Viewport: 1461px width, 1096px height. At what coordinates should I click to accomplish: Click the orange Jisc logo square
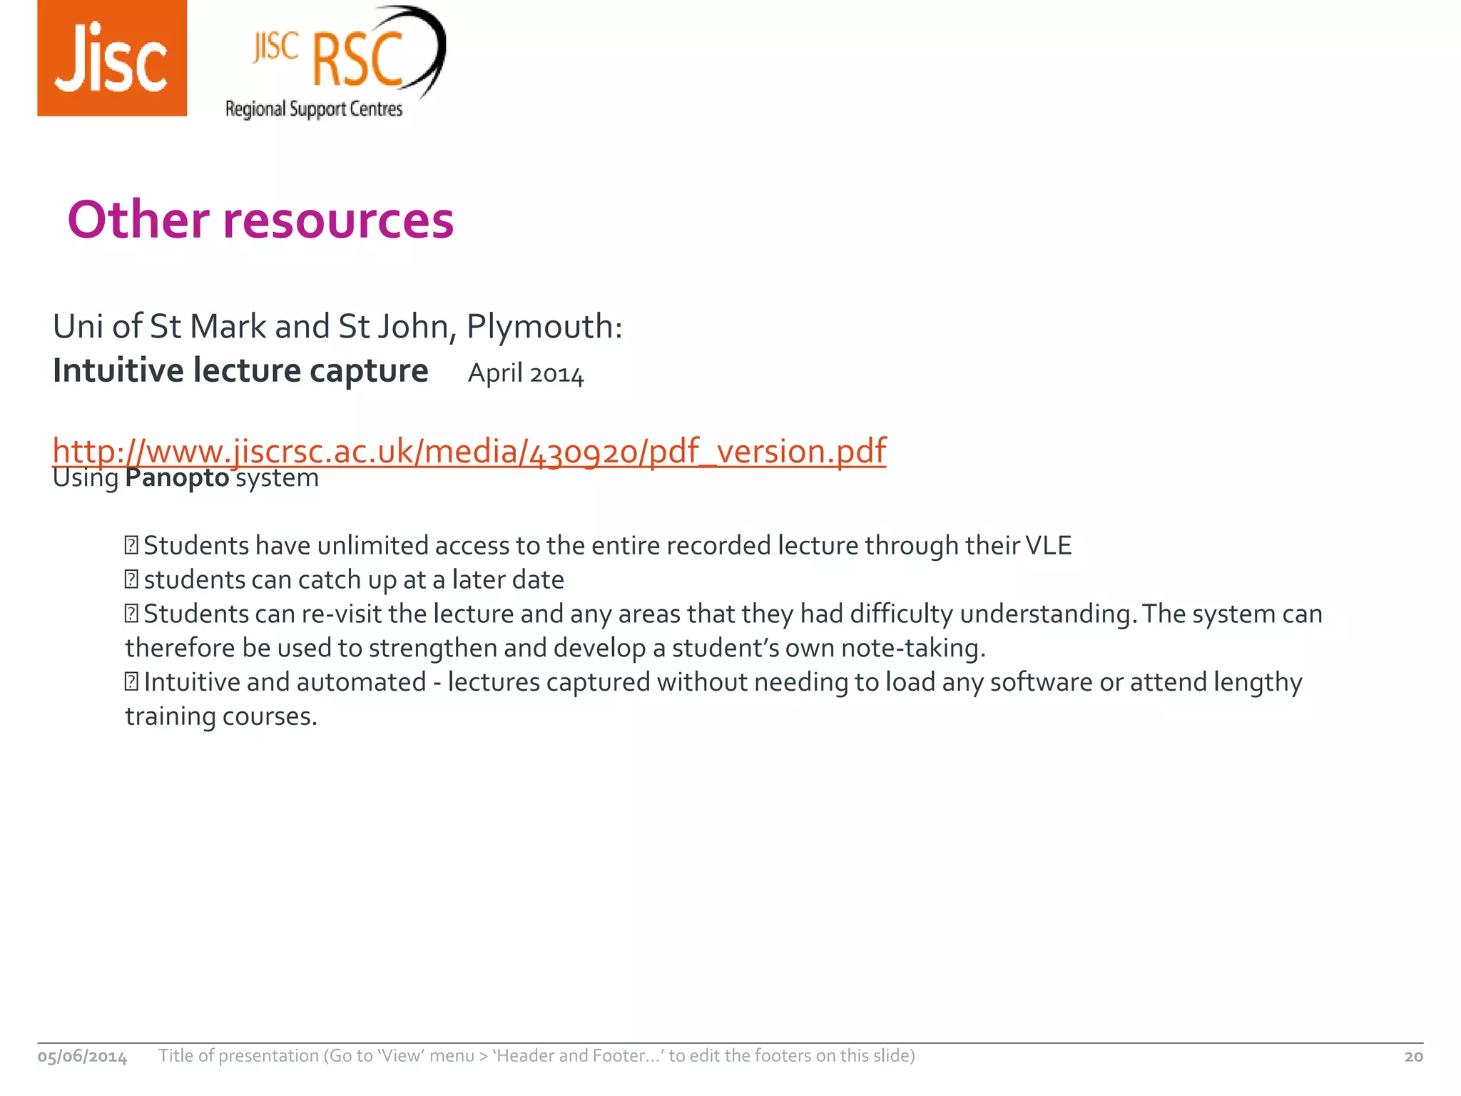tap(112, 59)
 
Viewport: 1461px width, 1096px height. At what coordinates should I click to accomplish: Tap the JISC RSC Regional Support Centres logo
tap(334, 63)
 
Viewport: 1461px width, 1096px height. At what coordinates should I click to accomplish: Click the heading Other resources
tap(260, 219)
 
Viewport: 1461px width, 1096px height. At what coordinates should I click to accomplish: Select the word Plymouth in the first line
tap(544, 327)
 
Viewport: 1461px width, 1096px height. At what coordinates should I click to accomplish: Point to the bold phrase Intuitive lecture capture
tap(240, 371)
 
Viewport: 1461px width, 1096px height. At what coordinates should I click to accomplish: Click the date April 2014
tap(526, 373)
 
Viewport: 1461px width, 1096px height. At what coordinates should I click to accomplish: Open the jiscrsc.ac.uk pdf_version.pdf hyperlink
tap(469, 451)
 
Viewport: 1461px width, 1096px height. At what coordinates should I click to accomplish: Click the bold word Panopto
tap(177, 478)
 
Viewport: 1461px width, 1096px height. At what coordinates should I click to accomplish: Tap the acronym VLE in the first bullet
tap(1048, 546)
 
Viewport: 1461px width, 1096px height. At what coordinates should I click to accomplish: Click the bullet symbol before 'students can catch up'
tap(131, 579)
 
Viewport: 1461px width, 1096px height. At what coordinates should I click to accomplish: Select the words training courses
tap(221, 716)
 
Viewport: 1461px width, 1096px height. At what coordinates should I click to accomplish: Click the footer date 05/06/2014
tap(82, 1057)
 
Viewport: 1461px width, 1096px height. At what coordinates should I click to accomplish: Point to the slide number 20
tap(1413, 1057)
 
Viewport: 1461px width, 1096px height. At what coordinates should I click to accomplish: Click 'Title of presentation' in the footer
tap(239, 1056)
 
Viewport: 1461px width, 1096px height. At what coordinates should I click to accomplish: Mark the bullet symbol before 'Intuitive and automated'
tap(131, 682)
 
